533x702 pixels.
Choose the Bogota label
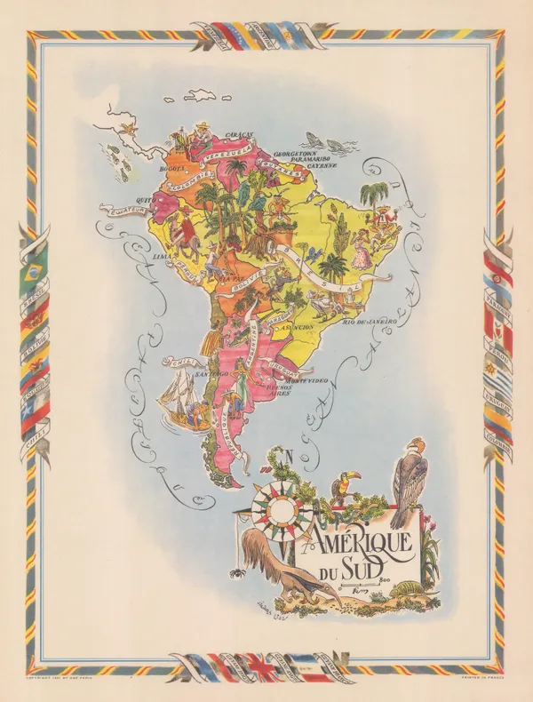tap(171, 166)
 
